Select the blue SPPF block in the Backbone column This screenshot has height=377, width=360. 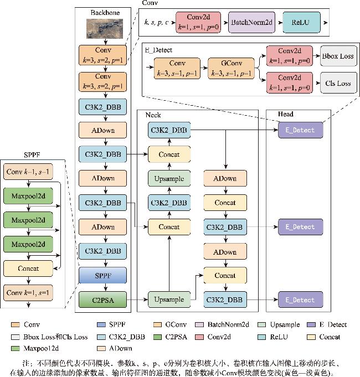point(104,275)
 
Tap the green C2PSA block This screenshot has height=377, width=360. point(104,299)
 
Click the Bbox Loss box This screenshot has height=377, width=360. point(337,56)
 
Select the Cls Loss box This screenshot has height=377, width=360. point(337,83)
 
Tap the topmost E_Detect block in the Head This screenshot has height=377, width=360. point(300,130)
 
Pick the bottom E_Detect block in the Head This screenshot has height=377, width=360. point(300,299)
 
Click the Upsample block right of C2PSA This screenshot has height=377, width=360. point(169,299)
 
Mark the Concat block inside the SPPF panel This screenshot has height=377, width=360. point(28,268)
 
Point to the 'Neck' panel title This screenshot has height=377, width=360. point(153,115)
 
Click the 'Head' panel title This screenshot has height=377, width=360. point(286,115)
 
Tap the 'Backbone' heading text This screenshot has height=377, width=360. point(104,12)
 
